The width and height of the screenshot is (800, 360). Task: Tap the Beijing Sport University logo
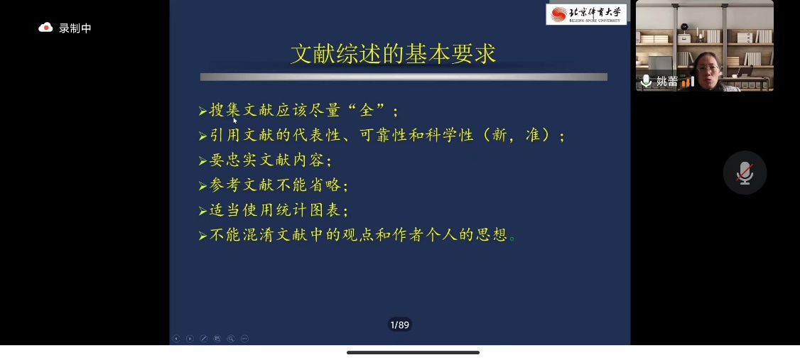(x=586, y=14)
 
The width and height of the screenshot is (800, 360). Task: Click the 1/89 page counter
(x=399, y=324)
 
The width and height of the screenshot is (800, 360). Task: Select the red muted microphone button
(x=745, y=173)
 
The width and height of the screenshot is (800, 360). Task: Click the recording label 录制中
(x=75, y=28)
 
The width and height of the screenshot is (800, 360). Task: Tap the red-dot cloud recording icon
(x=46, y=28)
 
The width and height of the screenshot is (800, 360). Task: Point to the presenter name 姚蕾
(x=667, y=82)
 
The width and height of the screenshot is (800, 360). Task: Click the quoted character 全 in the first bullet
(x=367, y=110)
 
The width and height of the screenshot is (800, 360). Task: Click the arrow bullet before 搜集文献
(x=203, y=111)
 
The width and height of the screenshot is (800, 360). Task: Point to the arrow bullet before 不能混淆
(x=203, y=236)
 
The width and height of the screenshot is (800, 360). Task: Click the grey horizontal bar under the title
(x=404, y=77)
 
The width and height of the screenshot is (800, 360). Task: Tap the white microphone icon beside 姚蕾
(x=646, y=81)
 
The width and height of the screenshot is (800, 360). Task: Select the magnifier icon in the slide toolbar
(x=231, y=339)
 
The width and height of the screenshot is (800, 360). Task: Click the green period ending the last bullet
(x=513, y=238)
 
